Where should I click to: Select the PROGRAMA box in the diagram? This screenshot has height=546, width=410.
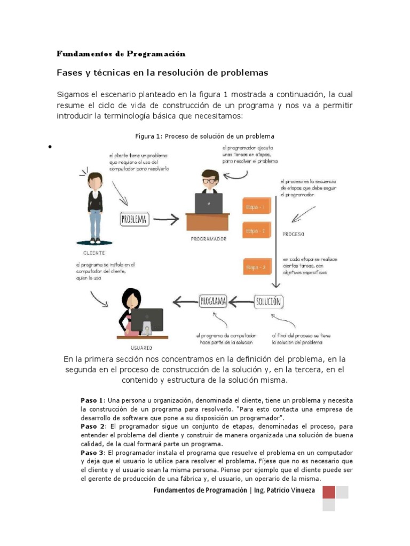213,301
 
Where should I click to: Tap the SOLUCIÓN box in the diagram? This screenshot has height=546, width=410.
268,301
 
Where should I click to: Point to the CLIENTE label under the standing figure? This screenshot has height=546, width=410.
94,253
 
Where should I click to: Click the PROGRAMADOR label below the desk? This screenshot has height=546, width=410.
208,239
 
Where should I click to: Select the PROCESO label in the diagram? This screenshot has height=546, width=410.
293,234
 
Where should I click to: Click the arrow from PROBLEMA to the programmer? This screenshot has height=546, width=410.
166,219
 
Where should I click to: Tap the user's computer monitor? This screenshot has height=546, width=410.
147,319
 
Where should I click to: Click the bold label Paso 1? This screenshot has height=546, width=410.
91,400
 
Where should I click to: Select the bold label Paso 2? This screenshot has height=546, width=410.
91,427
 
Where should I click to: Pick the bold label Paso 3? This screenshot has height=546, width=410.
91,453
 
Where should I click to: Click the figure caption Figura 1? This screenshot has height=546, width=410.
204,136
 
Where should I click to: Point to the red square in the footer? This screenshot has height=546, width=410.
329,492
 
